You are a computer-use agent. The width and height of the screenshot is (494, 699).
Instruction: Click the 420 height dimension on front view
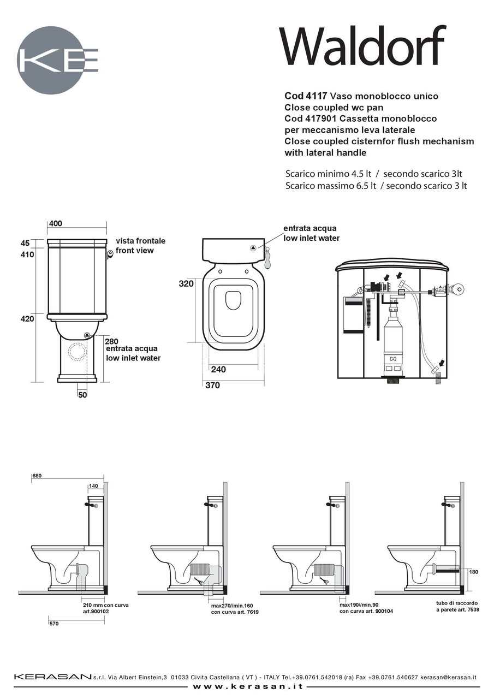(x=28, y=318)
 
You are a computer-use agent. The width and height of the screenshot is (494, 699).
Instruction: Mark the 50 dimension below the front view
(x=82, y=395)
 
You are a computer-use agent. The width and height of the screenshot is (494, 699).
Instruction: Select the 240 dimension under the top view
(x=218, y=369)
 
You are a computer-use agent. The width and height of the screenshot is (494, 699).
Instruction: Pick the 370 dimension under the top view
(x=212, y=385)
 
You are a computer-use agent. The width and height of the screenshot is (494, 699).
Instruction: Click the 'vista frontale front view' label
(x=140, y=246)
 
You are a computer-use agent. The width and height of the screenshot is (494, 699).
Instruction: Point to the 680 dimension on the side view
(x=37, y=476)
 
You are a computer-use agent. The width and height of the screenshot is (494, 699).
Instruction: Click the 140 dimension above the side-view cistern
(x=94, y=486)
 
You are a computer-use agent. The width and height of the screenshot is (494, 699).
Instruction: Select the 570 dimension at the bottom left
(x=54, y=623)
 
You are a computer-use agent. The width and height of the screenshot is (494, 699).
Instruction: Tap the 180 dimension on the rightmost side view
(x=474, y=572)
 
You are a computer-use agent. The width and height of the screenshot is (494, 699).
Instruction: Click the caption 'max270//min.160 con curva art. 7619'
(x=235, y=609)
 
